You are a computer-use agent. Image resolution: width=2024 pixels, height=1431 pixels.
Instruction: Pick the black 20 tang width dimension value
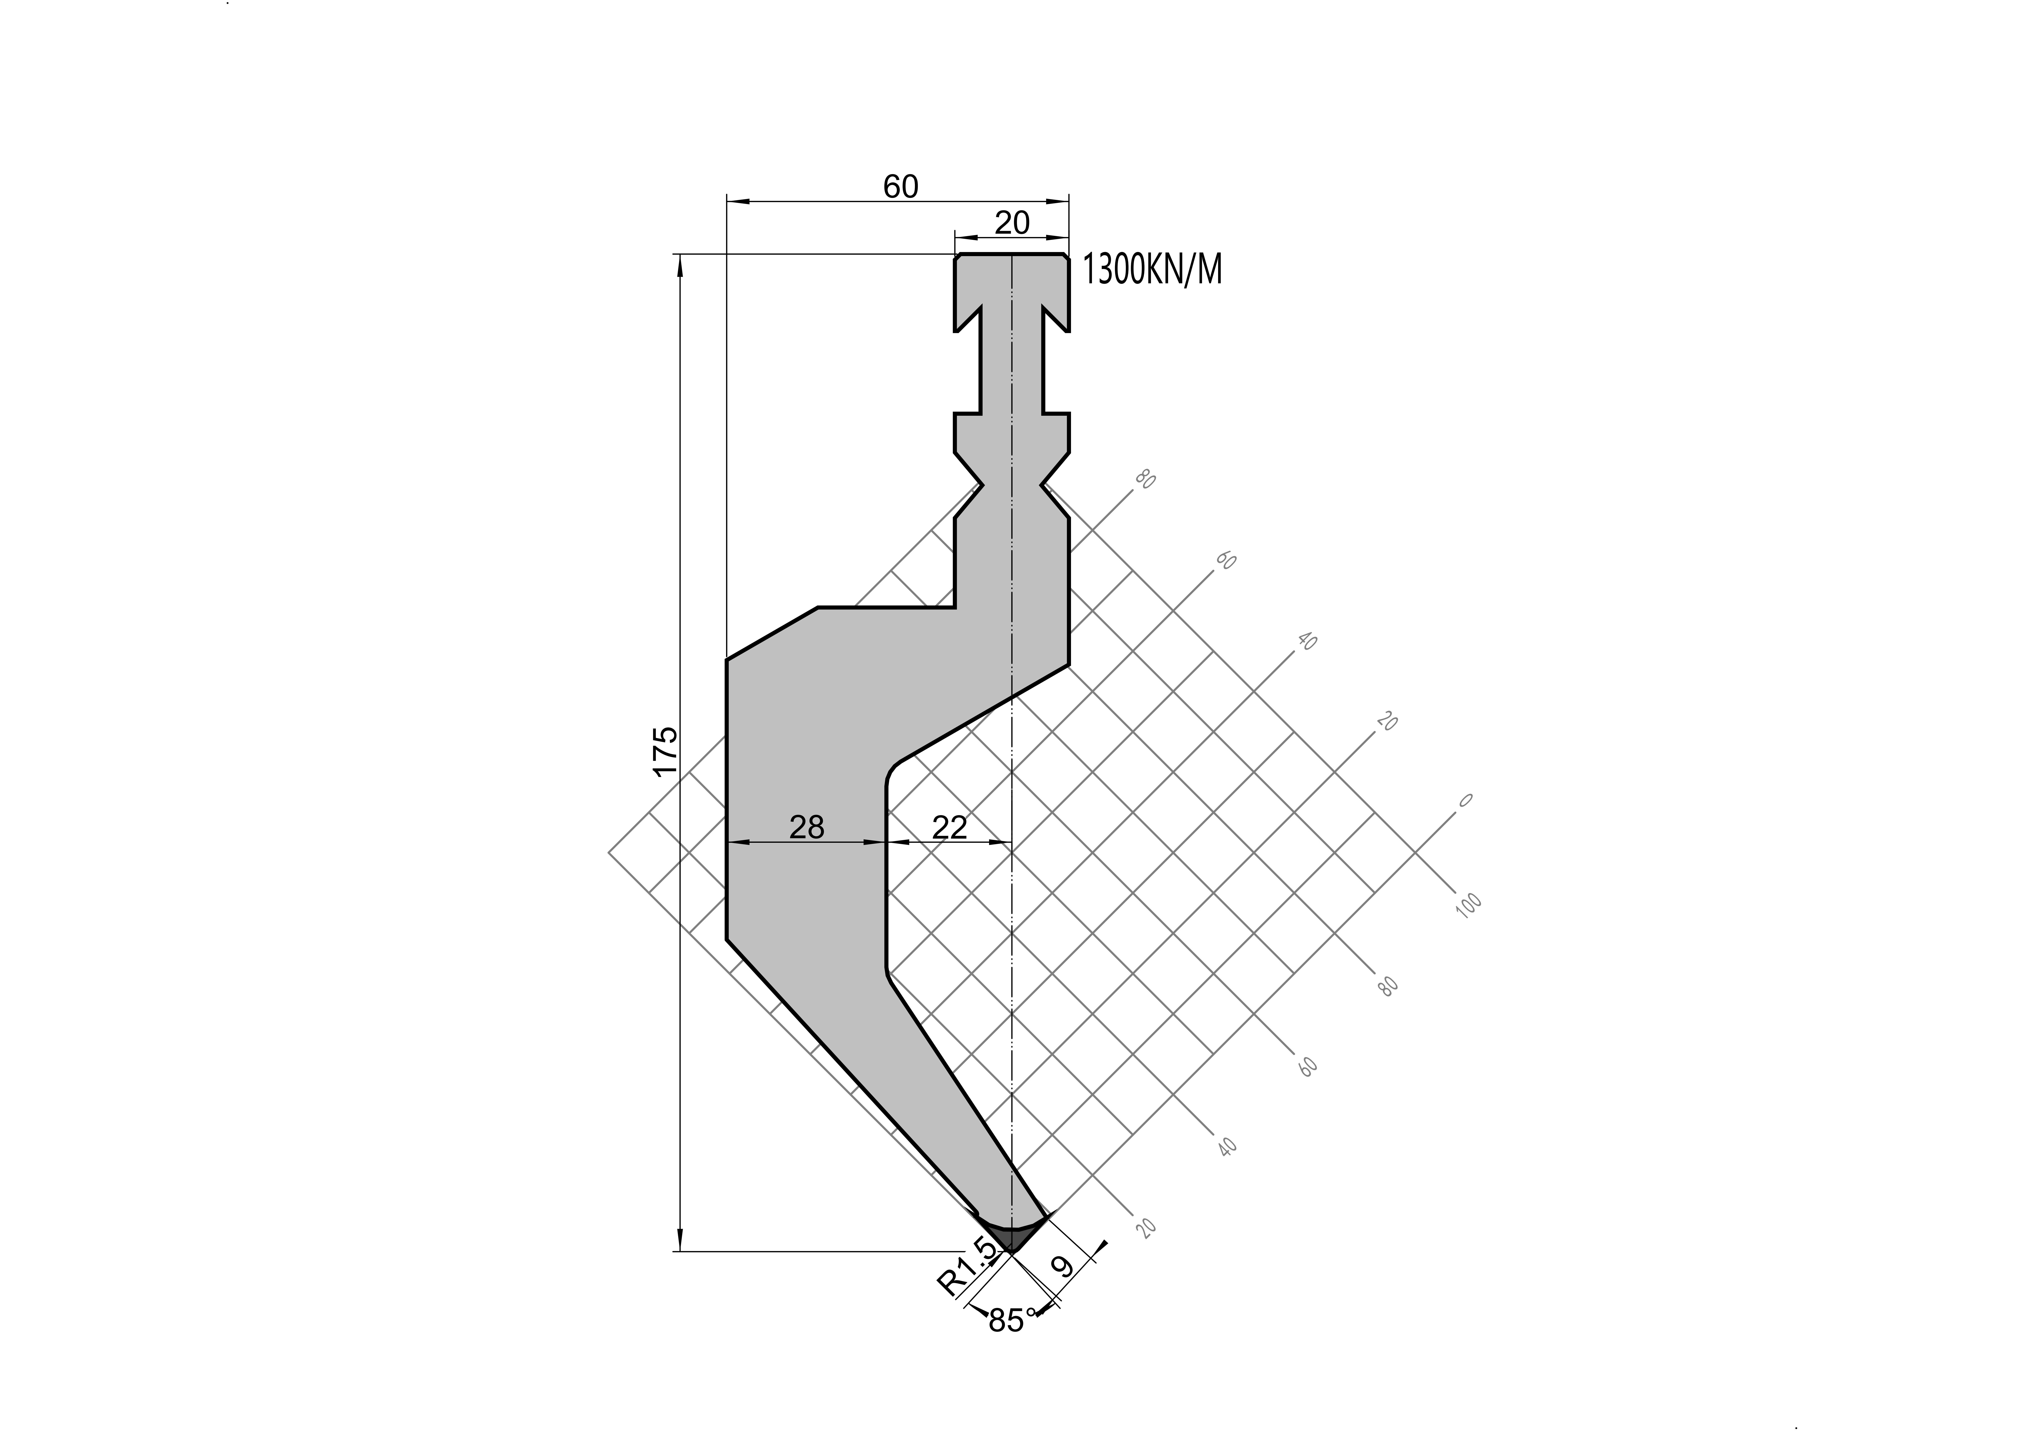pos(1012,223)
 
